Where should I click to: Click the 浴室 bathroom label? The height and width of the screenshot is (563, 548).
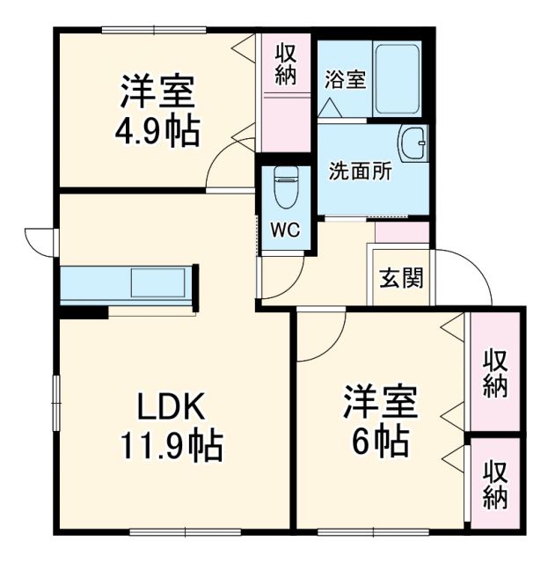coord(345,77)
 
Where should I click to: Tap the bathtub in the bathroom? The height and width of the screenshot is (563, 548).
coord(398,78)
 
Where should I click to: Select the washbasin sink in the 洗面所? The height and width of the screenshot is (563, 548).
coord(412,143)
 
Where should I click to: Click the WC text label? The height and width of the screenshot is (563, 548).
coord(285,230)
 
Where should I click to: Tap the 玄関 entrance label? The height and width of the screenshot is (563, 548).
coord(401,278)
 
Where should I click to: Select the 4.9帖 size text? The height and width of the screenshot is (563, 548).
coord(157,132)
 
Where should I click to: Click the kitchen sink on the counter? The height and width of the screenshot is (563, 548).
coord(159,284)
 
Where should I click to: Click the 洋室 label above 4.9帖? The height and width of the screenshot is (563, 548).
coord(157,91)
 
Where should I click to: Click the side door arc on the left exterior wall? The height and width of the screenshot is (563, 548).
coord(40,239)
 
